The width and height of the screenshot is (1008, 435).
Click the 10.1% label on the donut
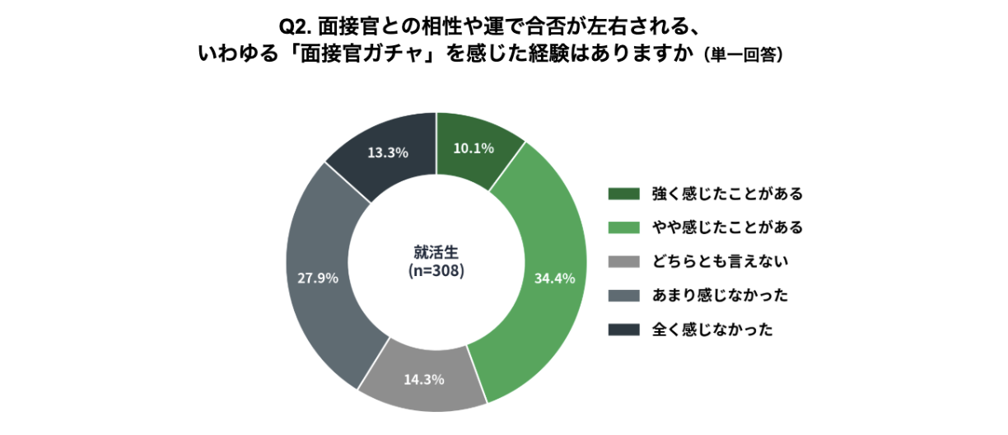click(474, 148)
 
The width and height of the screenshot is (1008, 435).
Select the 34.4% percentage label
click(554, 278)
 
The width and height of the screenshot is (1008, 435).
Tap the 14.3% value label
click(424, 380)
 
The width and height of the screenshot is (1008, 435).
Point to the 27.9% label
click(318, 278)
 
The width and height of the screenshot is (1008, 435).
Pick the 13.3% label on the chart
click(388, 152)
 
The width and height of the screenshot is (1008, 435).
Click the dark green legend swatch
click(623, 194)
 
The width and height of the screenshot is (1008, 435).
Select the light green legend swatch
click(623, 227)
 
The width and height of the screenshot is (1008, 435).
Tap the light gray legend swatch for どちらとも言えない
click(623, 262)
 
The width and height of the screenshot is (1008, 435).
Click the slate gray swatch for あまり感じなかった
click(623, 296)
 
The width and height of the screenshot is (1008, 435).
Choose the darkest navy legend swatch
click(623, 330)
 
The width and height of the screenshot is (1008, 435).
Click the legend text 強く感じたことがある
click(727, 194)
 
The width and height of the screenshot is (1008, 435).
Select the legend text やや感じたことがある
click(727, 227)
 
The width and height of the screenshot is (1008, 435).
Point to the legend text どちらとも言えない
click(720, 262)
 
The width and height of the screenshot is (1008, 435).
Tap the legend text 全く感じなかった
click(712, 330)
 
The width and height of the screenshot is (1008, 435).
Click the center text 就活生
click(436, 253)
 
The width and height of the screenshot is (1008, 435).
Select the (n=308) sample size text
click(436, 270)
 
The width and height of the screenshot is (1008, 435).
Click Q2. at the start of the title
click(295, 27)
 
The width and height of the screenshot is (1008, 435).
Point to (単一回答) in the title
click(744, 55)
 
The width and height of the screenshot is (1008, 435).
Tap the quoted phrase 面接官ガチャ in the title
click(362, 54)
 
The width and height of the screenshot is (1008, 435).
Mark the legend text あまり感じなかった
click(720, 296)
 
